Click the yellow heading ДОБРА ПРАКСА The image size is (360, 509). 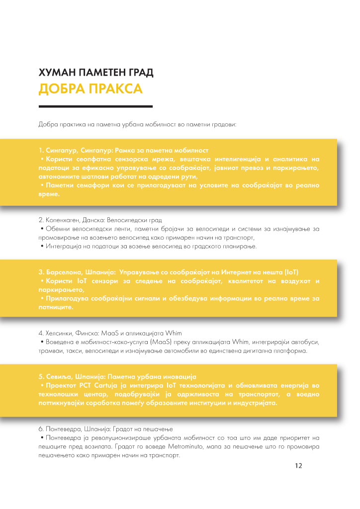click(x=90, y=89)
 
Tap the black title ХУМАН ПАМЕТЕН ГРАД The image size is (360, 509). click(x=95, y=73)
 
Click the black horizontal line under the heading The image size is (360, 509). click(x=95, y=106)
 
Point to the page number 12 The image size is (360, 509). click(x=298, y=466)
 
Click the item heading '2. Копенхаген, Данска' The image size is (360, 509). click(x=100, y=219)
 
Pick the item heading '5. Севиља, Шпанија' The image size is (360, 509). click(x=118, y=376)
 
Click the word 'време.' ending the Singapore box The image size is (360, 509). click(x=49, y=194)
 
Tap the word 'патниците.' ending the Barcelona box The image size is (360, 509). click(x=56, y=308)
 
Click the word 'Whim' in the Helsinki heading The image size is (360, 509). click(x=173, y=333)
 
